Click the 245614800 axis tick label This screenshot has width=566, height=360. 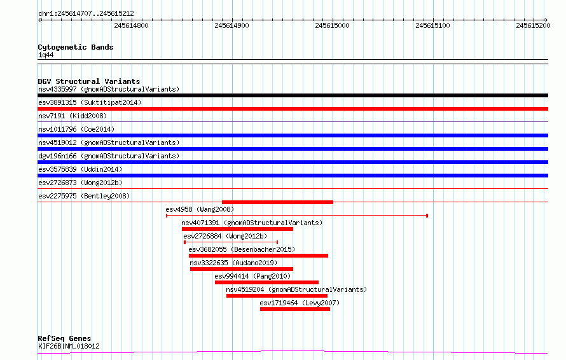pyautogui.click(x=131, y=25)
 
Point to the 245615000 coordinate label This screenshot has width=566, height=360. pyautogui.click(x=332, y=25)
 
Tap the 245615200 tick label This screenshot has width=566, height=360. pyautogui.click(x=533, y=25)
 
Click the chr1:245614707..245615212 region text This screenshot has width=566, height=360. pyautogui.click(x=86, y=14)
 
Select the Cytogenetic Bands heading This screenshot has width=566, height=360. pyautogui.click(x=76, y=47)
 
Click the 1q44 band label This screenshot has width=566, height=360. pyautogui.click(x=46, y=55)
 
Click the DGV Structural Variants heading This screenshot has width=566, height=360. pyautogui.click(x=89, y=81)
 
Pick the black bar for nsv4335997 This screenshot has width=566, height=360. pyautogui.click(x=293, y=95)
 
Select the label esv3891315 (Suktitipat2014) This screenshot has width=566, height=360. pyautogui.click(x=90, y=102)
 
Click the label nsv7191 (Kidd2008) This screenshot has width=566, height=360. pyautogui.click(x=72, y=116)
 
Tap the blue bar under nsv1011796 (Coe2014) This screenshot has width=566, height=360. pyautogui.click(x=293, y=135)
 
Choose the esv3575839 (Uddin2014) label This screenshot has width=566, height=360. pyautogui.click(x=80, y=169)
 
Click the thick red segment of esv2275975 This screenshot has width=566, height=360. pyautogui.click(x=277, y=202)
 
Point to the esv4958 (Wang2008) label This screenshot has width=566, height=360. pyautogui.click(x=200, y=209)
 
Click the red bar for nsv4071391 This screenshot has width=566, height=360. pyautogui.click(x=237, y=229)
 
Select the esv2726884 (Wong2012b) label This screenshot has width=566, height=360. pyautogui.click(x=225, y=236)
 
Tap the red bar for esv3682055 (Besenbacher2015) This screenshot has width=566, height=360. pyautogui.click(x=258, y=256)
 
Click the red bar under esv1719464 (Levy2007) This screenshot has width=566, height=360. pyautogui.click(x=295, y=309)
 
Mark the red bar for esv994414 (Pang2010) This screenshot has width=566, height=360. pyautogui.click(x=266, y=282)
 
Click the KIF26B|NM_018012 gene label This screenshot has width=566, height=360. pyautogui.click(x=69, y=346)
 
